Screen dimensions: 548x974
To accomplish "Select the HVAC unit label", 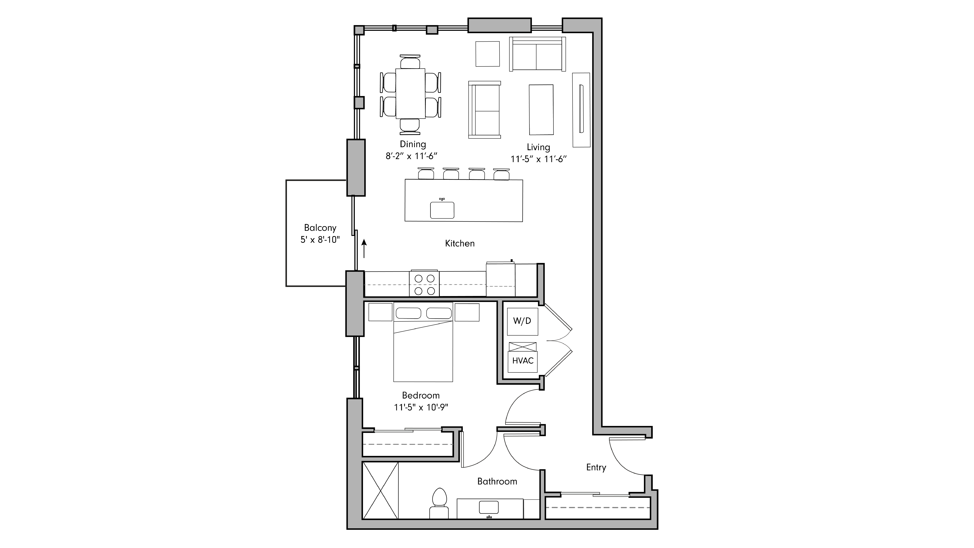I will pos(523,361).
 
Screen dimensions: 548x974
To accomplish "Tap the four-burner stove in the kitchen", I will pos(424,284).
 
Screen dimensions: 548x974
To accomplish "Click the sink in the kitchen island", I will pos(442,210).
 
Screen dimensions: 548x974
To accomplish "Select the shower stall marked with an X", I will pos(380,490).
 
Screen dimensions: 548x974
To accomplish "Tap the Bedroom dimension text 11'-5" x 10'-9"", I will pos(421,407).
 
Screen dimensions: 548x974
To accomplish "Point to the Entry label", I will pos(596,468).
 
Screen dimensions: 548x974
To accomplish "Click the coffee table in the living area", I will pos(541,110).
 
